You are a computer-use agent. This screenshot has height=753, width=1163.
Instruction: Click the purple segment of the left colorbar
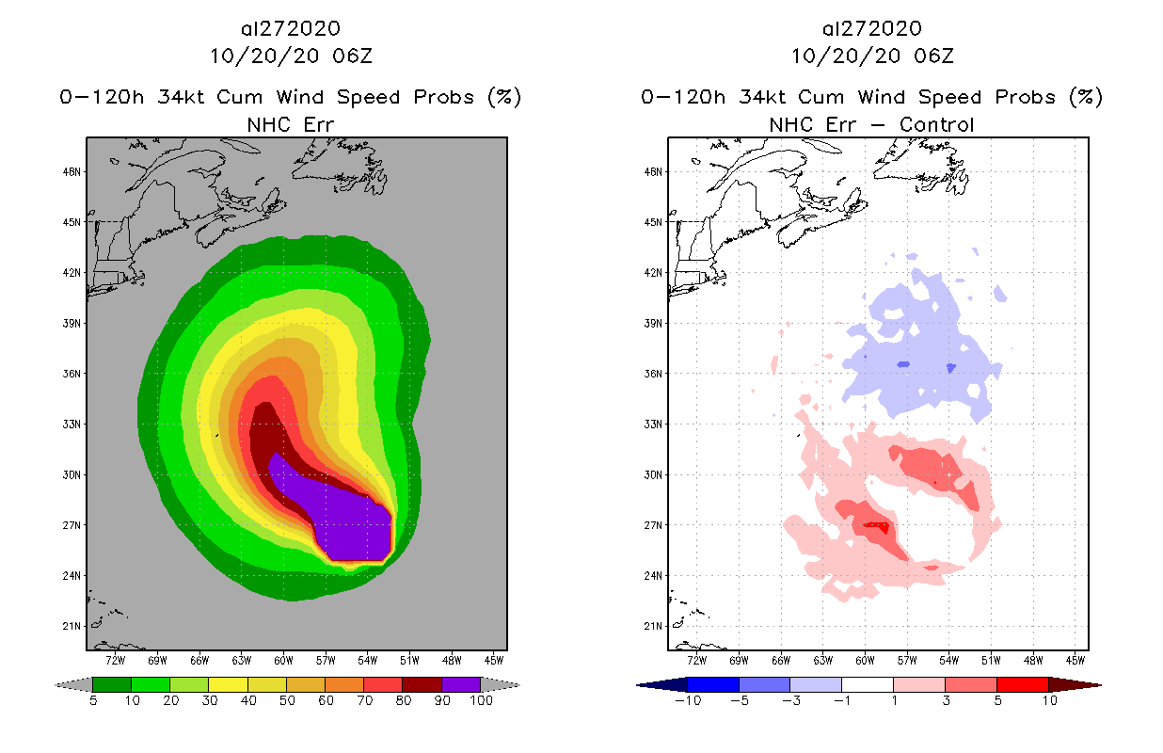[x=461, y=684]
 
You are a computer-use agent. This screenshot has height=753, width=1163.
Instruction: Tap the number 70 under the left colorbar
[x=363, y=701]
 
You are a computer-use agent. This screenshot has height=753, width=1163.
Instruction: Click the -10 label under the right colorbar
[x=688, y=701]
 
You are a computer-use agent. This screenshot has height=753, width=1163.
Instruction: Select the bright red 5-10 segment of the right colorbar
[x=1023, y=684]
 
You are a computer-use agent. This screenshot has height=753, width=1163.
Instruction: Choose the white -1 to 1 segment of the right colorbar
[x=868, y=684]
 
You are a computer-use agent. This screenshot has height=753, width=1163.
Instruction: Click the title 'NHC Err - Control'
[x=871, y=124]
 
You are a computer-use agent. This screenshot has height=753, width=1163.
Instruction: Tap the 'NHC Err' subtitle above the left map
[x=289, y=124]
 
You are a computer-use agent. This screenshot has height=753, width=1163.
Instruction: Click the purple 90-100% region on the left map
[x=353, y=527]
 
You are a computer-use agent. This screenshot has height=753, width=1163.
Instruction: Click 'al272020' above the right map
[x=871, y=29]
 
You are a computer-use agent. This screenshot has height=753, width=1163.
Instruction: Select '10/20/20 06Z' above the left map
[x=291, y=56]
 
